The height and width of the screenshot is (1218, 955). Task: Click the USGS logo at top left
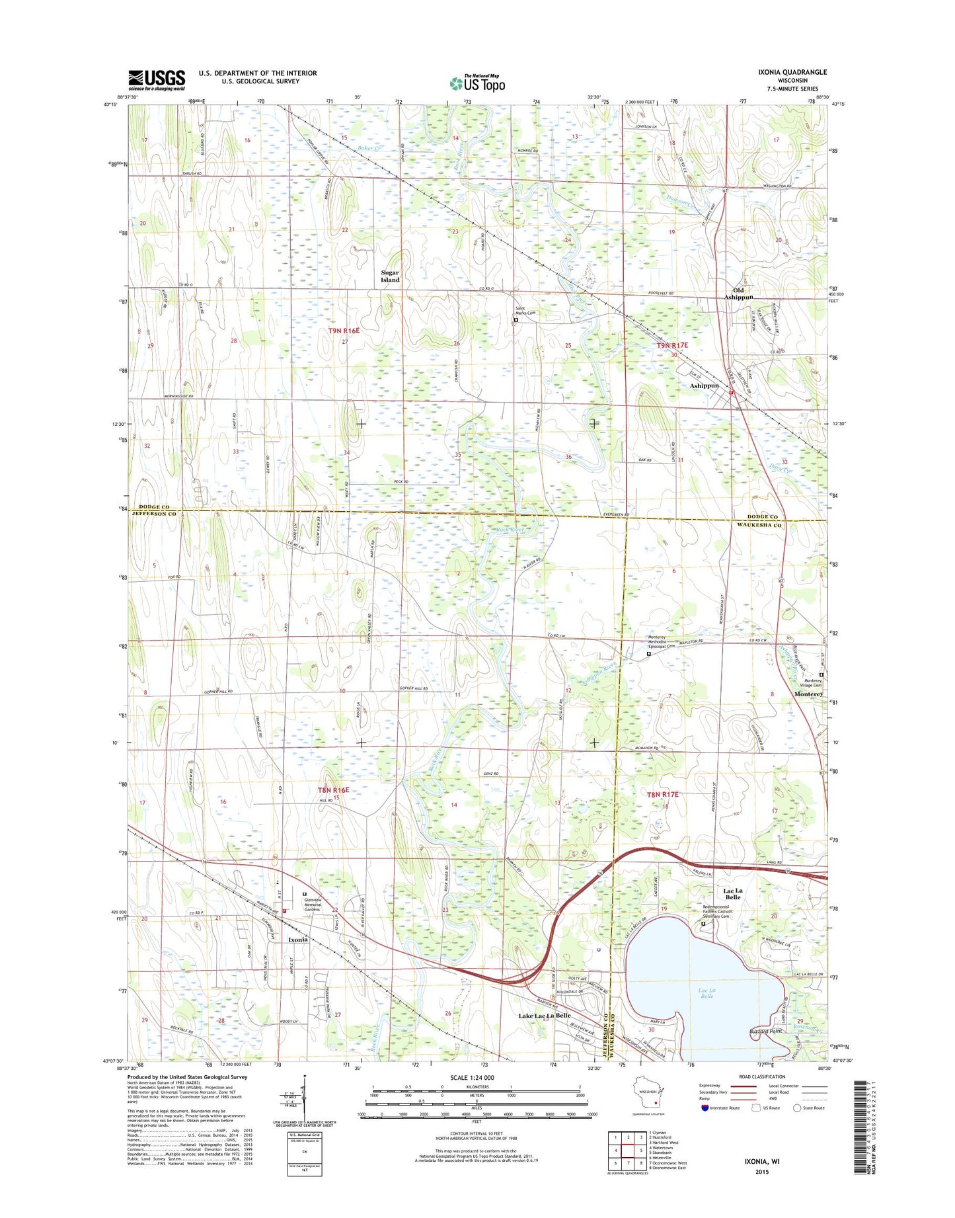click(x=156, y=80)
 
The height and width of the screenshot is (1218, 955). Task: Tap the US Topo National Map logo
click(x=477, y=83)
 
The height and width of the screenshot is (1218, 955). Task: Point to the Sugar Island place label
click(x=390, y=276)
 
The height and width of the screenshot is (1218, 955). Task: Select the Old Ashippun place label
click(x=738, y=294)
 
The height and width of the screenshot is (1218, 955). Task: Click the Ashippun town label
click(x=704, y=386)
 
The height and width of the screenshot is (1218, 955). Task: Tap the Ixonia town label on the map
click(x=297, y=939)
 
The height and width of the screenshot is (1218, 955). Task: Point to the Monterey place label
click(x=808, y=694)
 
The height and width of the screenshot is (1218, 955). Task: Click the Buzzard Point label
click(x=765, y=1031)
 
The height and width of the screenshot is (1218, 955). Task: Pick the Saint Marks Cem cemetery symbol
click(x=516, y=321)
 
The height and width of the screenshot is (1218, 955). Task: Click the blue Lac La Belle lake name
click(x=707, y=993)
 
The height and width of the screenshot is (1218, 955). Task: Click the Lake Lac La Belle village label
click(x=544, y=1016)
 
